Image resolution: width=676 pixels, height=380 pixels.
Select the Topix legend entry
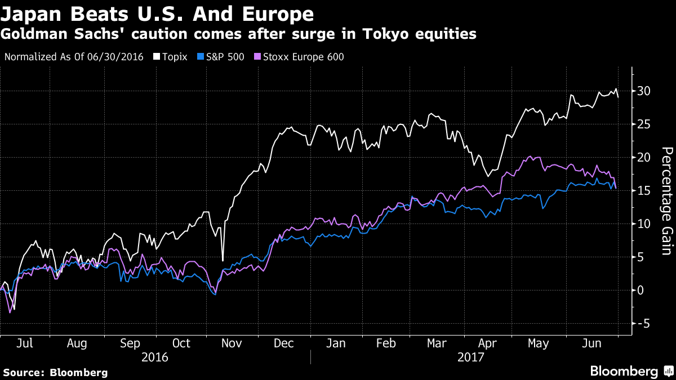click(x=174, y=57)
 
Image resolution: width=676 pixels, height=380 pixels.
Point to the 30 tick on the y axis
click(x=644, y=91)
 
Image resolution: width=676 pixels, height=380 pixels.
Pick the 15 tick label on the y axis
click(x=644, y=191)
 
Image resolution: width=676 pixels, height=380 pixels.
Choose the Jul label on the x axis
click(x=24, y=343)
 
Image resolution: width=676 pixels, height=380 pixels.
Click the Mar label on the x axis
click(x=437, y=343)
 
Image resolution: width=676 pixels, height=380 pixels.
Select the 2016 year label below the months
click(x=155, y=357)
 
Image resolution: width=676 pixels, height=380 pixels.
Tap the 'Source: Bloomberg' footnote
click(x=55, y=372)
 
